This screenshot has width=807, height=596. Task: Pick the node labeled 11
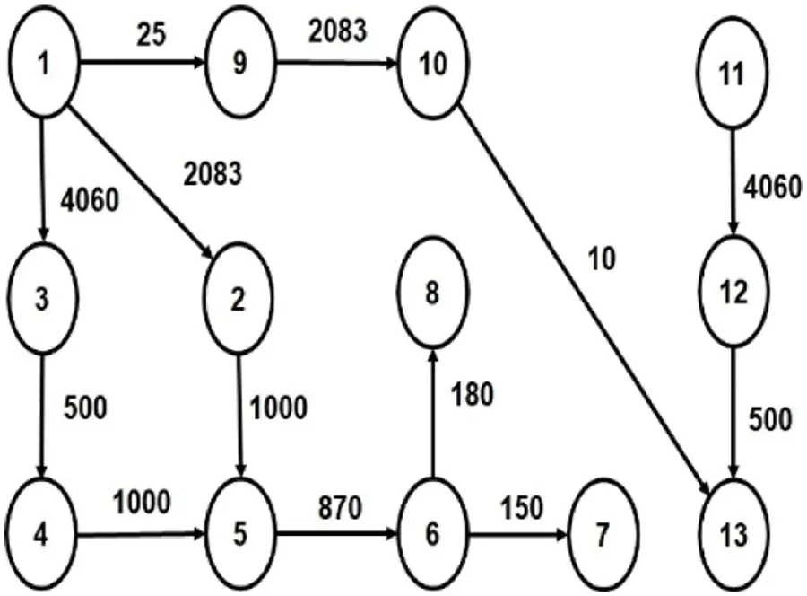click(733, 74)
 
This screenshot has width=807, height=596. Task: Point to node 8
click(432, 294)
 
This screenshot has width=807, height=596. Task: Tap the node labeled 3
click(41, 299)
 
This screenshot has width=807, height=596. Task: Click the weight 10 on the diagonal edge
click(602, 259)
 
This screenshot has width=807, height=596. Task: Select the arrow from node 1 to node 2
click(143, 183)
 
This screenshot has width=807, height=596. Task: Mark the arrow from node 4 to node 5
click(143, 538)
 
